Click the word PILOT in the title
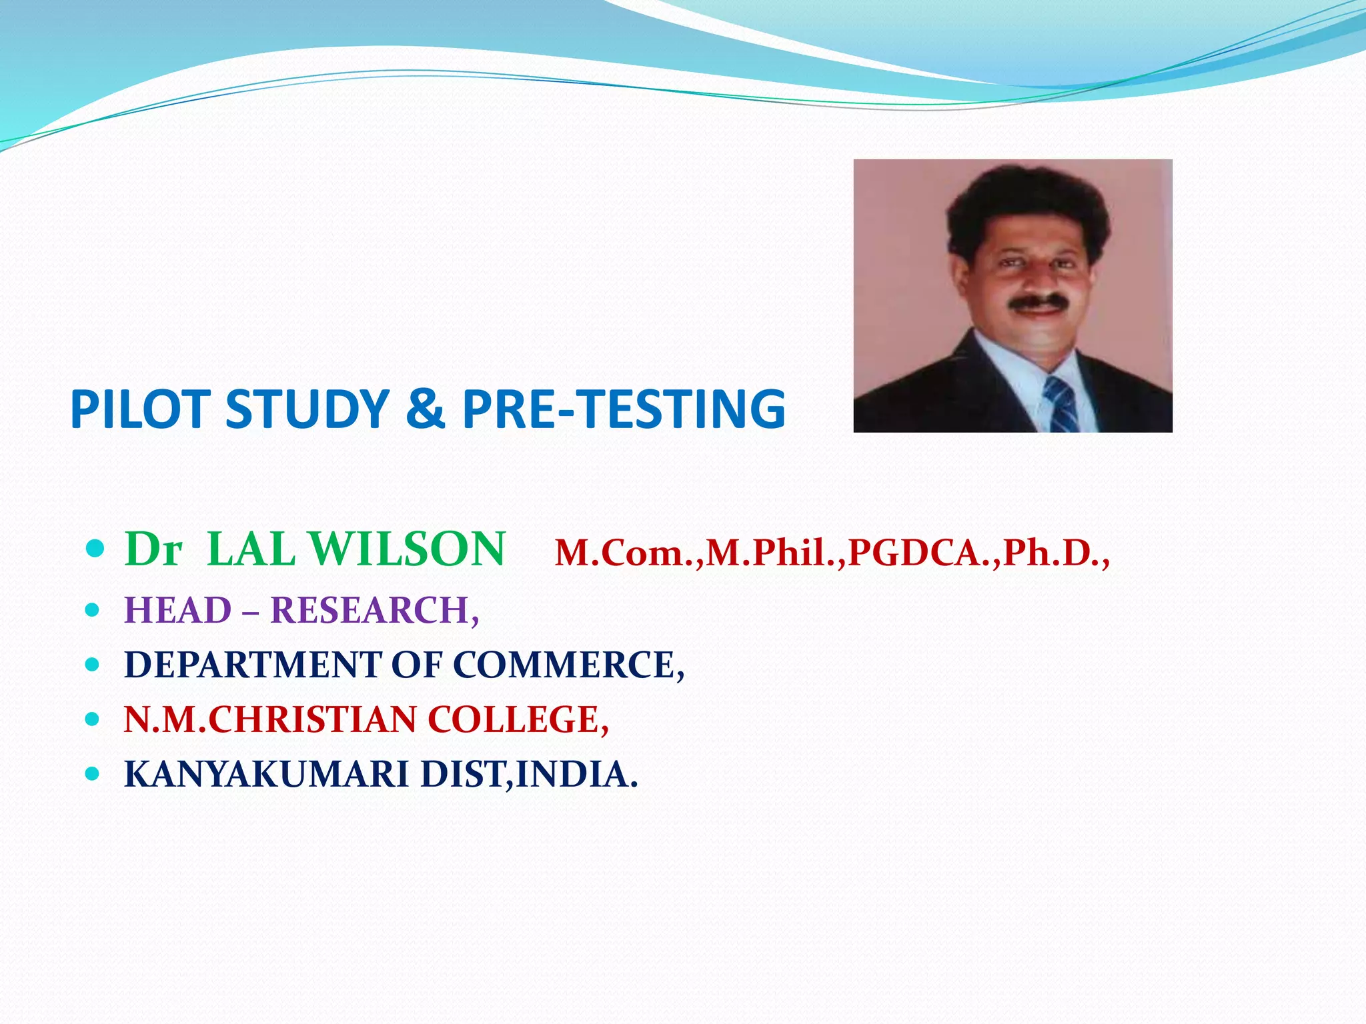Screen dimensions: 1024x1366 pos(141,409)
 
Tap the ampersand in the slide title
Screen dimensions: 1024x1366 pos(425,409)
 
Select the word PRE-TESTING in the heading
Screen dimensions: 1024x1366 pos(624,409)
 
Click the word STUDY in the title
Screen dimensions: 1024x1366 pos(307,409)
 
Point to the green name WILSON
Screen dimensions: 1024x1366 pos(408,550)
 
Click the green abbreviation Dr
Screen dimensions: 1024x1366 pos(153,550)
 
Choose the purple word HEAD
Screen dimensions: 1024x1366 pos(177,610)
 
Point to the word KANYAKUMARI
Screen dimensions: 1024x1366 pos(266,775)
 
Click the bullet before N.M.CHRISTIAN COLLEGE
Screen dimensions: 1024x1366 pos(93,719)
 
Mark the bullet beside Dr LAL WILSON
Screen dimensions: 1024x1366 pos(95,549)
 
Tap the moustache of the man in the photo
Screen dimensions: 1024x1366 pos(1037,303)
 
